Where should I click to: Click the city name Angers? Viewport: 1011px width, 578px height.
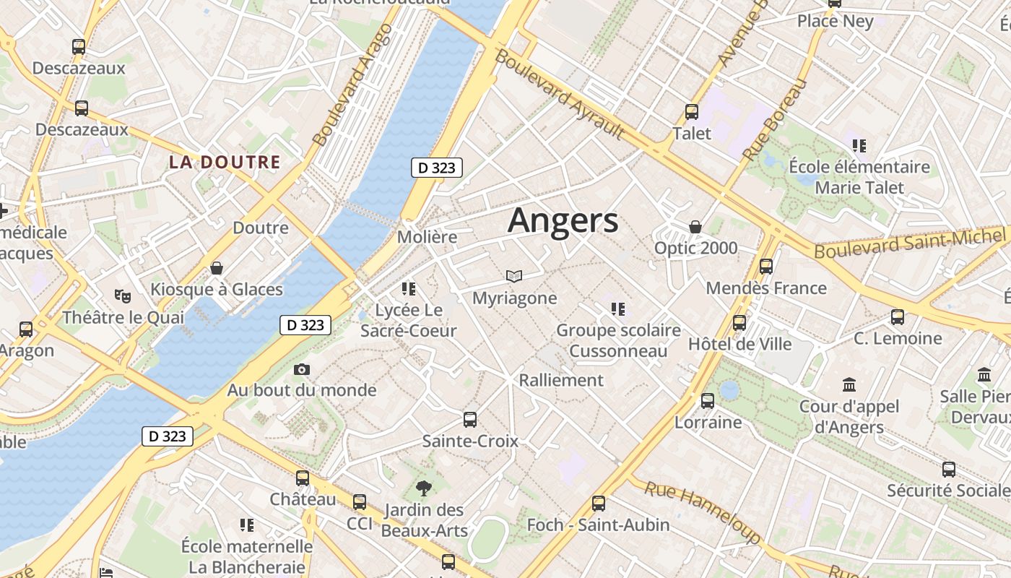563,220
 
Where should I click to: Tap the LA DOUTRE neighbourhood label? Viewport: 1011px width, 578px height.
225,162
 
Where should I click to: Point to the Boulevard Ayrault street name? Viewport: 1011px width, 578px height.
560,94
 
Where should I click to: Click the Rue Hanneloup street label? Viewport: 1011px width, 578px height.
702,512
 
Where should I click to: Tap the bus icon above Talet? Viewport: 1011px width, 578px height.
692,112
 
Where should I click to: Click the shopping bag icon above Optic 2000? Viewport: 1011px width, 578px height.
695,227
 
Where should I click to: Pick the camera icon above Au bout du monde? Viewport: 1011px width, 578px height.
302,370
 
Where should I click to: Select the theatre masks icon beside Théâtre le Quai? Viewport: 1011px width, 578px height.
123,296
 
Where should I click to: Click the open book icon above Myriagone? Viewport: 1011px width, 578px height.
514,276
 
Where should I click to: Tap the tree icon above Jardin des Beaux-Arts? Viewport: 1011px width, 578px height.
424,489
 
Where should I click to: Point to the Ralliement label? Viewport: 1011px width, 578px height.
561,380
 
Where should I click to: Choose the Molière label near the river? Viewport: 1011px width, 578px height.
428,237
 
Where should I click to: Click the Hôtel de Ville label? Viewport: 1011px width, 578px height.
740,344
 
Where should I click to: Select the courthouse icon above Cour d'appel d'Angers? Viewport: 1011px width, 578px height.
849,384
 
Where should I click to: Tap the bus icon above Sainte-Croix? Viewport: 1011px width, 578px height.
470,419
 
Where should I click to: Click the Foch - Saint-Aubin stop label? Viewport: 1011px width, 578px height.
599,525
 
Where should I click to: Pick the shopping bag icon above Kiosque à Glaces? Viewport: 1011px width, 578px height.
217,268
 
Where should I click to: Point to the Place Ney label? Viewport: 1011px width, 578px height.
836,22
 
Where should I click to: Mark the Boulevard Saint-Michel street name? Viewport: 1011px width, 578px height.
910,242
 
